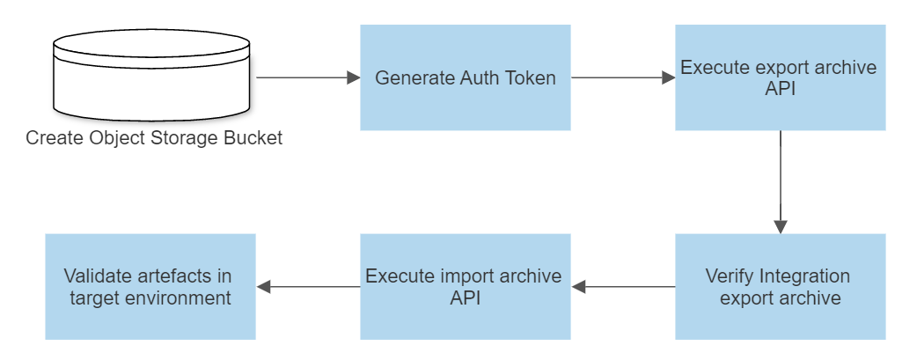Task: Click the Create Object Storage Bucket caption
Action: pos(154,138)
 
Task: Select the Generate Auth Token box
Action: pos(465,77)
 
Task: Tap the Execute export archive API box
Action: pos(780,77)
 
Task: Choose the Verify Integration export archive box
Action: pos(780,286)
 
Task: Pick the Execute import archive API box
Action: pos(465,286)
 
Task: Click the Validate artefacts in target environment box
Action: pos(150,286)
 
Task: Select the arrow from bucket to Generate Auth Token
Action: pos(308,77)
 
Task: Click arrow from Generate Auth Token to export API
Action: pos(623,77)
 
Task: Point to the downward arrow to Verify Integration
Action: pos(780,180)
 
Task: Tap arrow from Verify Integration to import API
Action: pos(623,286)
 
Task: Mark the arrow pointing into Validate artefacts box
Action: pos(308,286)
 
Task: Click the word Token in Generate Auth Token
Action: pos(531,77)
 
